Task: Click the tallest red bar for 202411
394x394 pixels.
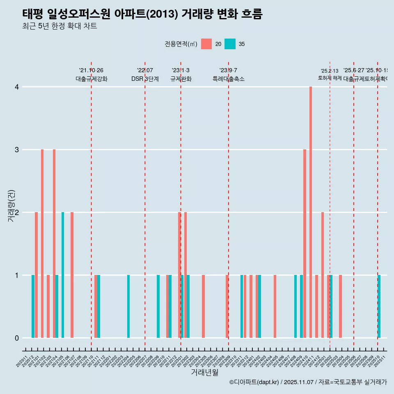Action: click(x=311, y=212)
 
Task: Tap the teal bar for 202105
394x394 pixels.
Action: click(x=63, y=275)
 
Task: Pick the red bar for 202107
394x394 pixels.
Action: click(x=72, y=275)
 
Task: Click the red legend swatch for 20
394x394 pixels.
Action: click(x=206, y=44)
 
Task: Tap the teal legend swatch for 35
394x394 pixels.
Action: click(x=230, y=44)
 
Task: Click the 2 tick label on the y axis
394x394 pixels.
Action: click(x=17, y=213)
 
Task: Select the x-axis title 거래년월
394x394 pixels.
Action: click(x=204, y=372)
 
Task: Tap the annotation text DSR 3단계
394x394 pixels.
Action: click(x=145, y=79)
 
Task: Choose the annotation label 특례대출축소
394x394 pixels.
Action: click(x=228, y=79)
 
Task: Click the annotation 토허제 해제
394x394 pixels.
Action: click(x=330, y=78)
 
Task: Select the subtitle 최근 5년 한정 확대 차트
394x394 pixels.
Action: click(x=60, y=26)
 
